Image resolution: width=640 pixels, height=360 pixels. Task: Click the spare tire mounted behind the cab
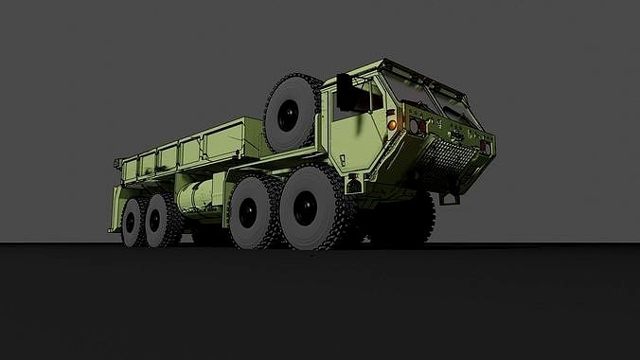[x=292, y=112]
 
